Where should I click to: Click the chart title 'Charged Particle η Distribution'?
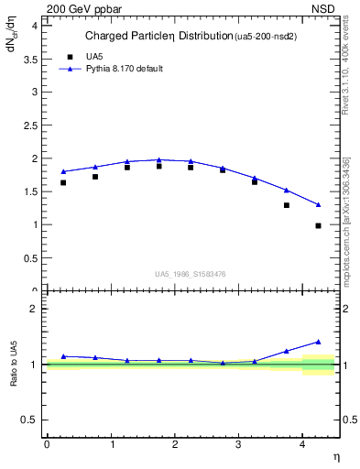[158, 37]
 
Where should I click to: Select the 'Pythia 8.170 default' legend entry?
[124, 69]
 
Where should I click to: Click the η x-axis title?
[335, 456]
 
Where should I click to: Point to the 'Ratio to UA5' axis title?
[14, 364]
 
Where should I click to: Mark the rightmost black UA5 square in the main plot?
[318, 225]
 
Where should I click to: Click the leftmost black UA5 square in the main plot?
[63, 182]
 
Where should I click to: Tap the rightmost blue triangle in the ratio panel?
[318, 342]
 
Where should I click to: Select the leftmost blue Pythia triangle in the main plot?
[63, 171]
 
